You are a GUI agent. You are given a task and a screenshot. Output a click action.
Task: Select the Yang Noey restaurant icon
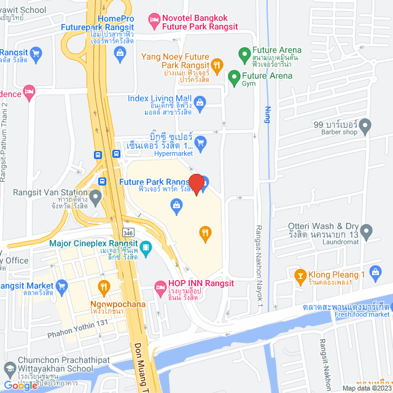point(216,64)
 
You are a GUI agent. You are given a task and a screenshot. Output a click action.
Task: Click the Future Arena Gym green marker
point(233,78)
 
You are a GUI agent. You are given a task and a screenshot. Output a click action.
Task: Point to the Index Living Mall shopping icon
point(200,101)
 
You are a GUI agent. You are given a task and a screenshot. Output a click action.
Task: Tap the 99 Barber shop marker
point(365,127)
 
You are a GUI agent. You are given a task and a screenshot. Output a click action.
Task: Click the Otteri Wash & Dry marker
point(367,232)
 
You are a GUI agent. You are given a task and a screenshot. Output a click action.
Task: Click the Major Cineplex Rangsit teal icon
point(146,248)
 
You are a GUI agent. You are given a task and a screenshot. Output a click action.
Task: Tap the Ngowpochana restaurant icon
point(104,286)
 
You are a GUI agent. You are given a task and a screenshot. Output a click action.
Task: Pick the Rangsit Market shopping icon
point(61,286)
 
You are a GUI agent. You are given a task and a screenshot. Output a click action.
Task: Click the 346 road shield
point(127,233)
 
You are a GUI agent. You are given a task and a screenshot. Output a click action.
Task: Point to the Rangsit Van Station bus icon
point(102,182)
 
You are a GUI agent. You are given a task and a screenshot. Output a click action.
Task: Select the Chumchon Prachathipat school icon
point(10,370)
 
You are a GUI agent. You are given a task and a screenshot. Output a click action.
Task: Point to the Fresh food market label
point(362,314)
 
